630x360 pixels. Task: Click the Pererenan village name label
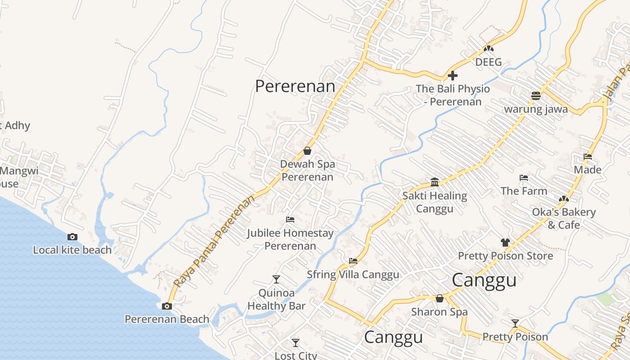(295, 86)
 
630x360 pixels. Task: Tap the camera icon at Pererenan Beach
(167, 306)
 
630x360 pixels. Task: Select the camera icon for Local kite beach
(72, 237)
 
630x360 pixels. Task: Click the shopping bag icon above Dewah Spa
(307, 150)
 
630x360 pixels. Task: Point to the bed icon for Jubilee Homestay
(290, 220)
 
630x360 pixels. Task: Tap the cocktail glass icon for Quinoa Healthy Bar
(276, 279)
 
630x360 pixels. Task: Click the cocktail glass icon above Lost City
(295, 343)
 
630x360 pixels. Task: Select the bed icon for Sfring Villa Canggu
(353, 261)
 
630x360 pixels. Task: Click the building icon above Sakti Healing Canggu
(435, 182)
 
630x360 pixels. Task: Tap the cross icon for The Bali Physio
(453, 75)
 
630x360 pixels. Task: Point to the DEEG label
(488, 62)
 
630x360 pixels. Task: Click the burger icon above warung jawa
(535, 95)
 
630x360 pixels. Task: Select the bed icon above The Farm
(524, 177)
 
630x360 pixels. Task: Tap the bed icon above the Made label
(588, 157)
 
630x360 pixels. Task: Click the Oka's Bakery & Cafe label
(564, 218)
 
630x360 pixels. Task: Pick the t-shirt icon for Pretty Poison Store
(505, 242)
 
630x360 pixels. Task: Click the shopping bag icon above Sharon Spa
(440, 298)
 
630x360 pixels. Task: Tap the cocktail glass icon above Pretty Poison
(515, 323)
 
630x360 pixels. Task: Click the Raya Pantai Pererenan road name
(214, 243)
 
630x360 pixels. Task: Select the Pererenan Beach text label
(167, 319)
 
